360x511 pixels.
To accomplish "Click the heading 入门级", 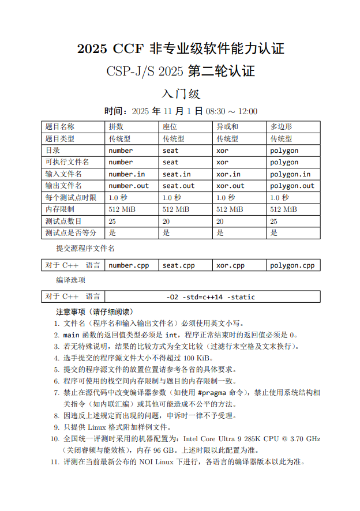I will (x=180, y=93).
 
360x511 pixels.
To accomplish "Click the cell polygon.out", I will (x=292, y=186).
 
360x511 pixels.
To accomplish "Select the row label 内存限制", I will (x=60, y=209).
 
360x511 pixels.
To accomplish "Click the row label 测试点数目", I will (x=63, y=221).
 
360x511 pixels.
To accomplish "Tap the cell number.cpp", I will (x=129, y=265).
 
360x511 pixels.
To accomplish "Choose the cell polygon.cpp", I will (x=292, y=265).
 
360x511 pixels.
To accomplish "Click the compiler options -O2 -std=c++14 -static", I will (x=210, y=297).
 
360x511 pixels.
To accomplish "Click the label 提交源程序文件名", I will (x=85, y=249).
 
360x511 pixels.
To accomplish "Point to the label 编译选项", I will (x=70, y=280).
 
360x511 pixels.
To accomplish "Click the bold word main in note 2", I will (x=71, y=335).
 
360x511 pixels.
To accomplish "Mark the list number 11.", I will (x=54, y=461).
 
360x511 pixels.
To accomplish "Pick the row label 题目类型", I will (x=60, y=138).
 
